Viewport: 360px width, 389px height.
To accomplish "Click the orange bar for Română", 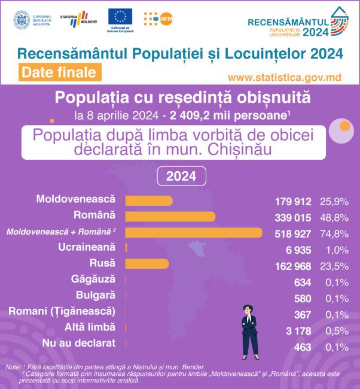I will click(x=170, y=216).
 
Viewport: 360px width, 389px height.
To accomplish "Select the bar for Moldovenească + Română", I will click(x=194, y=232).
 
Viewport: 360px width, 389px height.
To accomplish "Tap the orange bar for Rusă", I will click(x=147, y=264).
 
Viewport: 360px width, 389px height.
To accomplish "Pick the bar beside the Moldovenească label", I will click(x=149, y=200).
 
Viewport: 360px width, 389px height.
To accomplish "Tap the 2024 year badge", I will click(x=181, y=177).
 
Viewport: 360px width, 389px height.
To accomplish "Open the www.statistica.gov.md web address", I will click(x=285, y=78).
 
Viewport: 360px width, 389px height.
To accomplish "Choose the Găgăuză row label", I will click(x=93, y=279).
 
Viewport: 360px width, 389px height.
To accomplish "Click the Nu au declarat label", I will click(x=79, y=343).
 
